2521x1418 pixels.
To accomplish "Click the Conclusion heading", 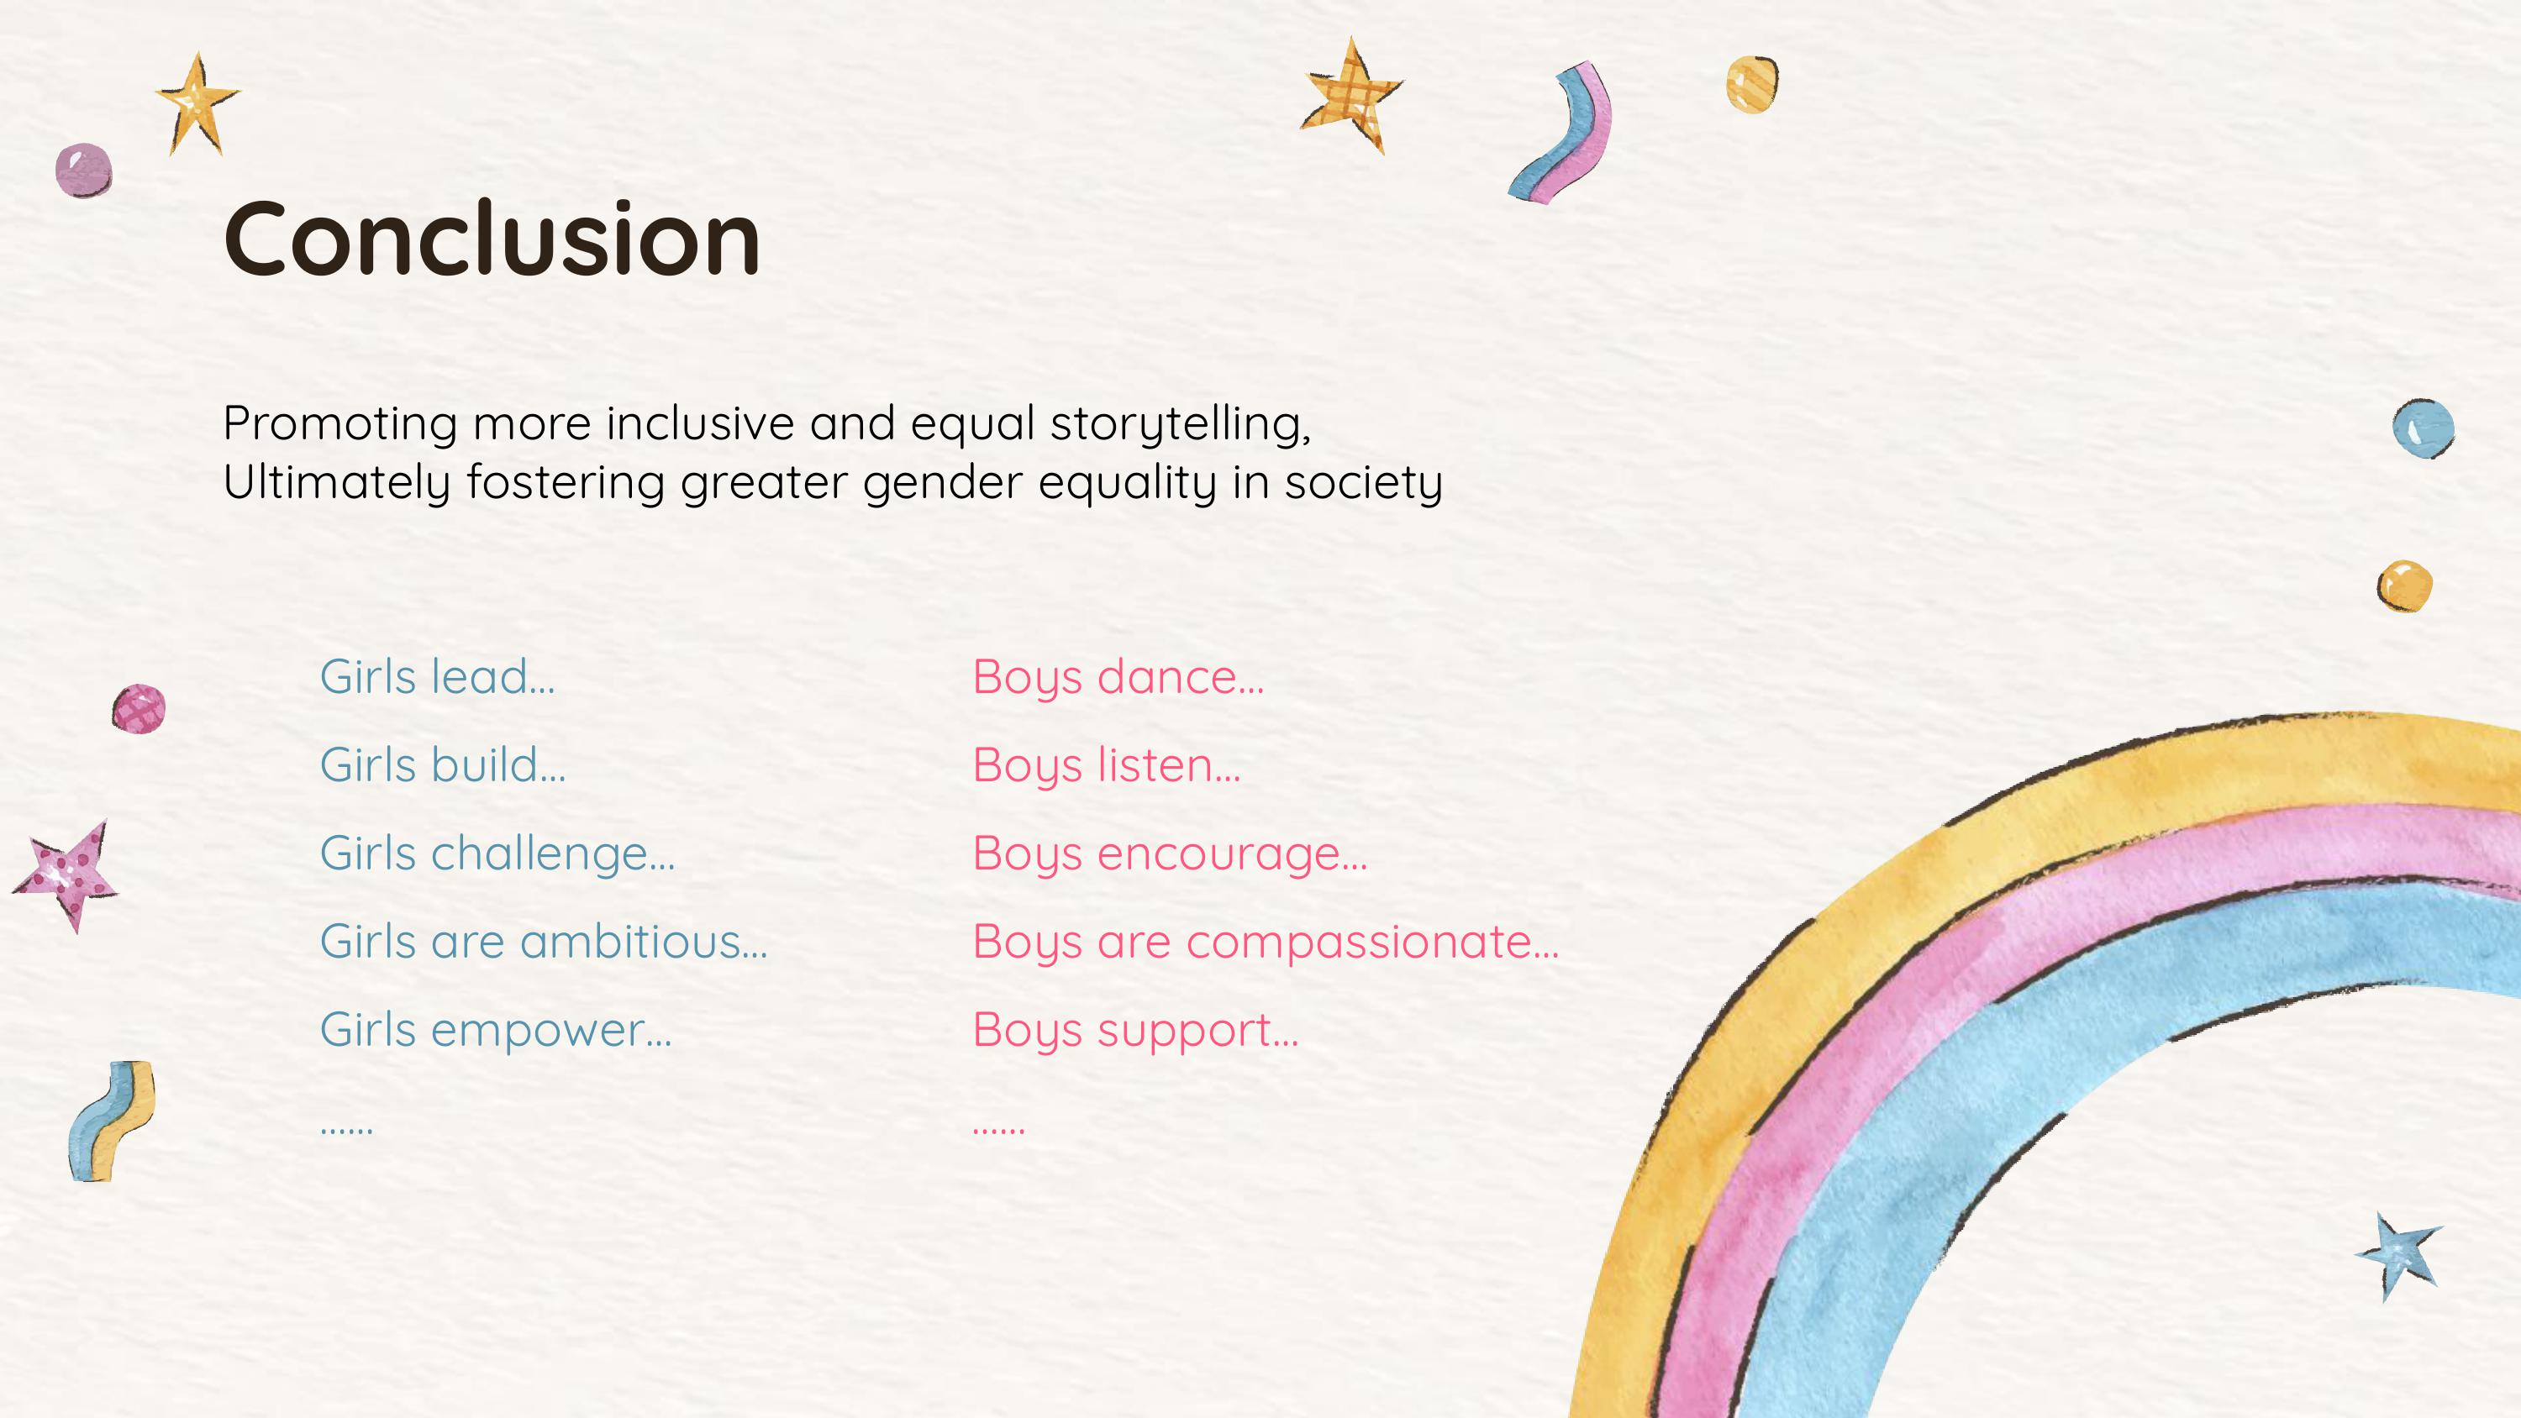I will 492,238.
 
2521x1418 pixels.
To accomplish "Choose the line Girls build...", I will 442,764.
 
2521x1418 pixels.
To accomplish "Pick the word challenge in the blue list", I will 552,853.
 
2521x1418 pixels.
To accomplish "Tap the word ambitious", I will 643,942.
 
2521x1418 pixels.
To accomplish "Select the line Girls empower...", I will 495,1030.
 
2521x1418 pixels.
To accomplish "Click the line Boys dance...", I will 1118,676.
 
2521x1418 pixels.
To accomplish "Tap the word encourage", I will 1231,853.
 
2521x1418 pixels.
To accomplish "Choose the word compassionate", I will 1372,942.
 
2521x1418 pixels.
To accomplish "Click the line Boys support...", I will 1135,1030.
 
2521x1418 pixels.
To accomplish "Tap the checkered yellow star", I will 1351,95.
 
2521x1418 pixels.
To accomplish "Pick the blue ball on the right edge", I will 2424,428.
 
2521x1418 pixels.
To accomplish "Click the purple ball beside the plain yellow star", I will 83,171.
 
